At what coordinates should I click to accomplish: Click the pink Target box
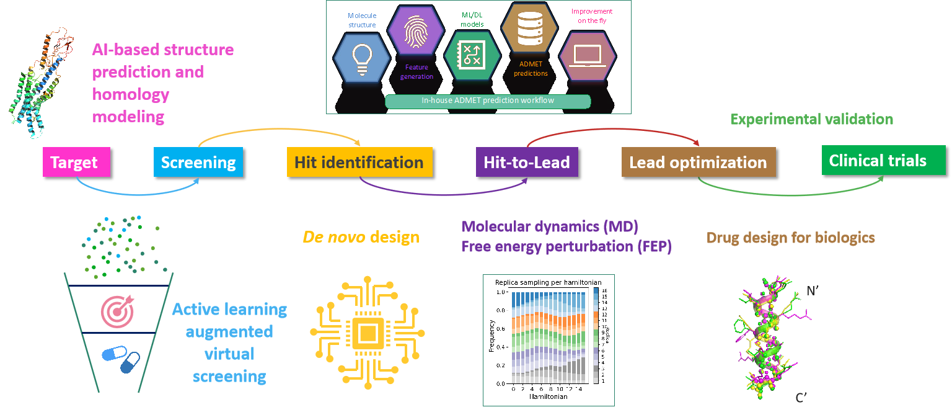click(74, 163)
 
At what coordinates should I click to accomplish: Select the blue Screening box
click(198, 163)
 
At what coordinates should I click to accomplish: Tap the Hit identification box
click(359, 163)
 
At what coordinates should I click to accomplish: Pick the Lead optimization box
click(698, 163)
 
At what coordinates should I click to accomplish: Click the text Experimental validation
click(811, 119)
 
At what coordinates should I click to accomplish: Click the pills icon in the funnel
click(121, 359)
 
